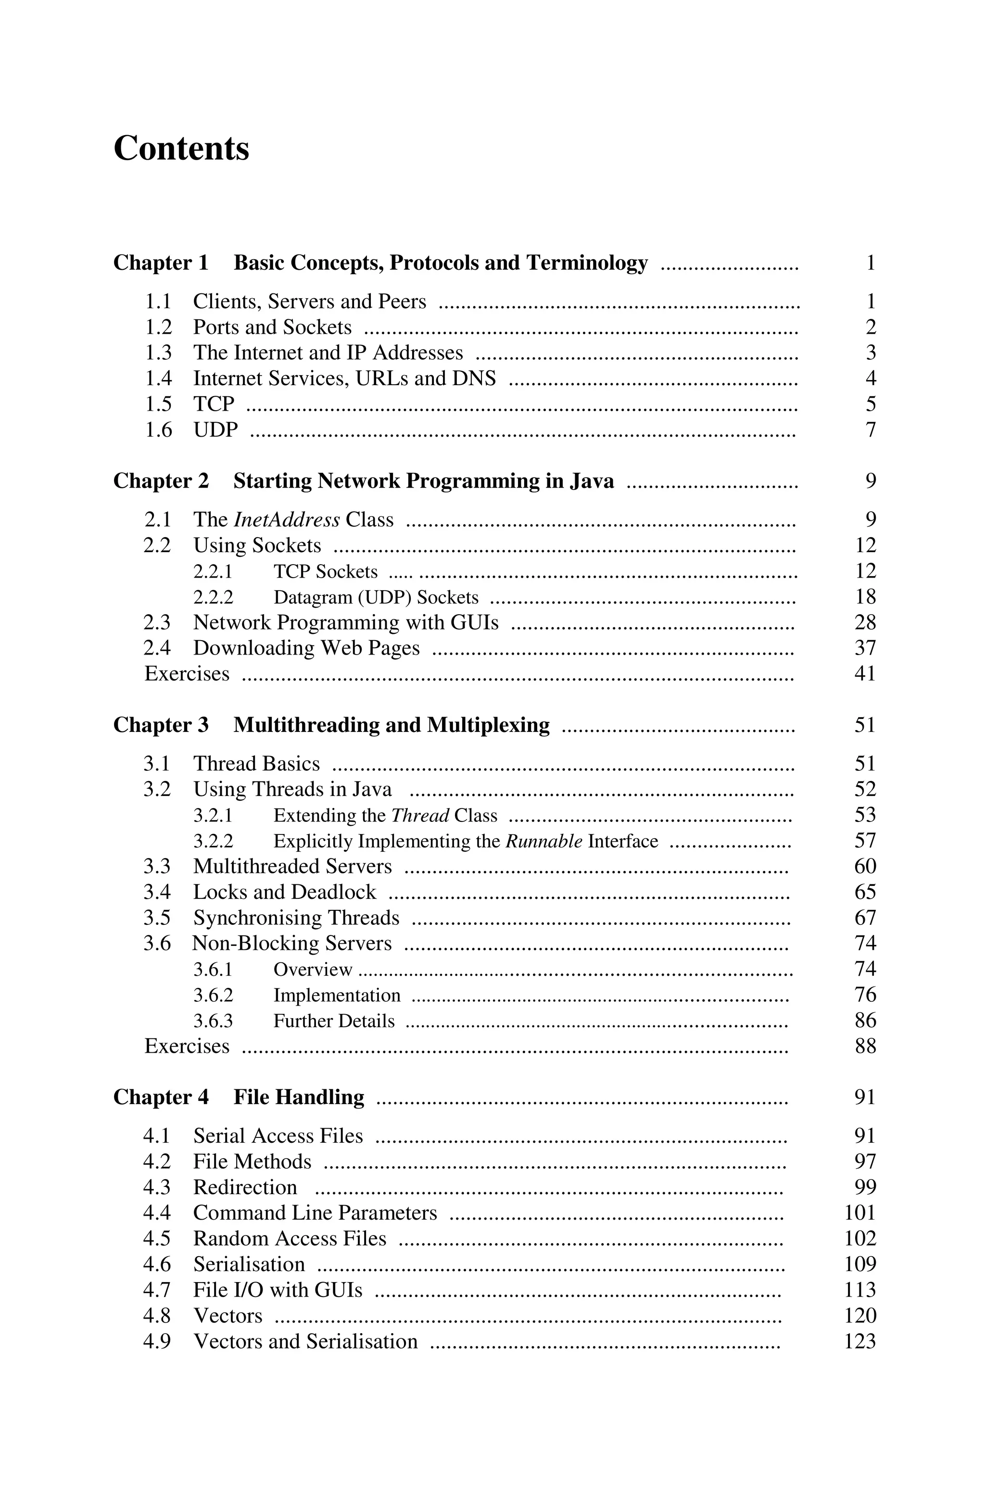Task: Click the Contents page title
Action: click(181, 149)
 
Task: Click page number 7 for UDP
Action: click(870, 430)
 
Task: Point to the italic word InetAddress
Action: click(287, 520)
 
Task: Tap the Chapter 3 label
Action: click(161, 725)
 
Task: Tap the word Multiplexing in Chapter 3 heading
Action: click(488, 725)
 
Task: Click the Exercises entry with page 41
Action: click(187, 674)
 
